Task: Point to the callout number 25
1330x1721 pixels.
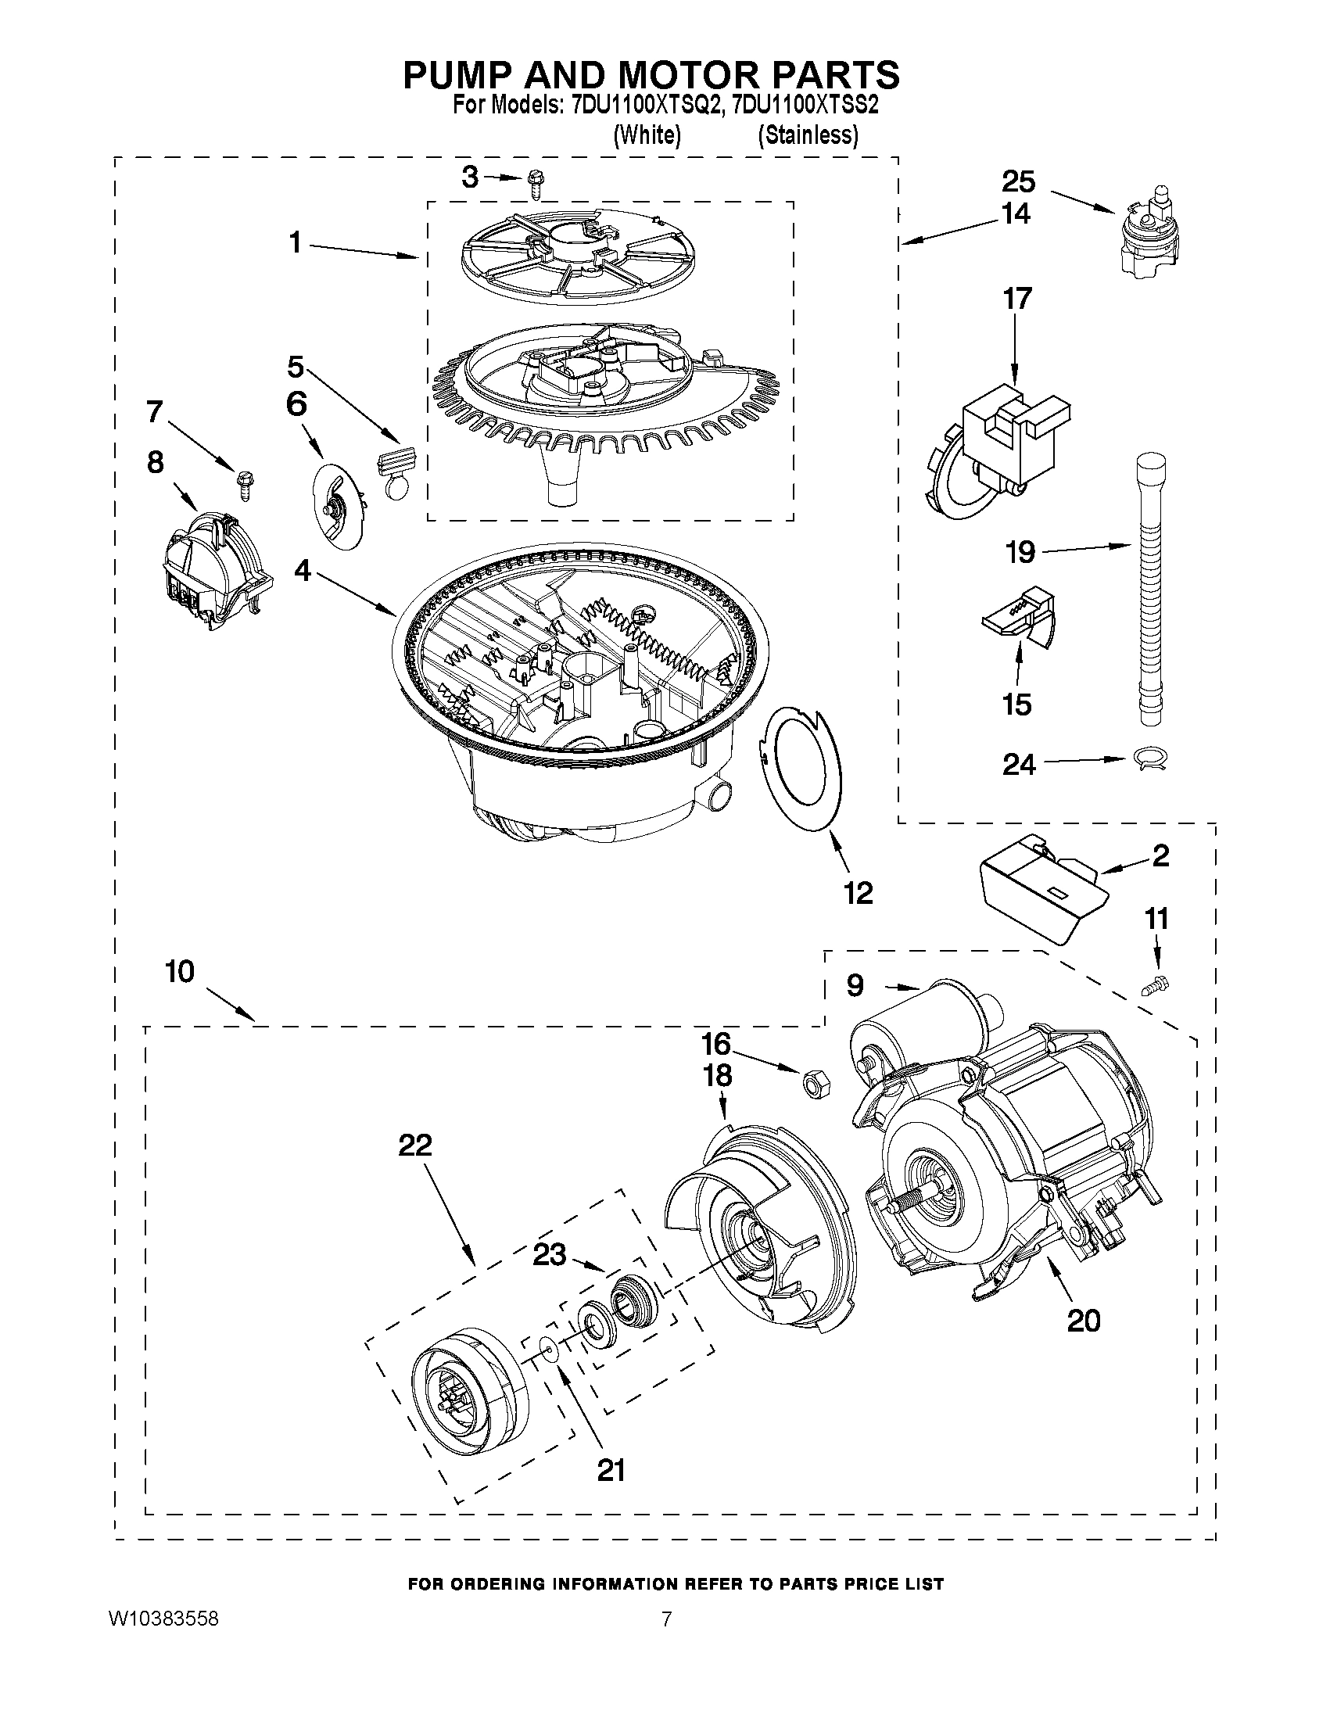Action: pos(1018,182)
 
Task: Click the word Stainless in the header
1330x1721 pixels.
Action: pos(808,135)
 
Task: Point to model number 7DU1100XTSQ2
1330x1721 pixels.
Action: pos(645,106)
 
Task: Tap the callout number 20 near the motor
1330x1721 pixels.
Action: pos(1084,1319)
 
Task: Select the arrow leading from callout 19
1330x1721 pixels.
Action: pos(1088,547)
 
